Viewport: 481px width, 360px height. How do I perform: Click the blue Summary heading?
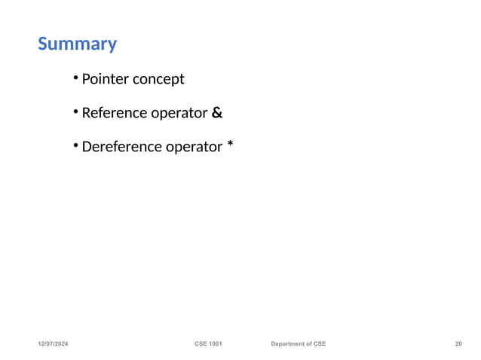tap(77, 44)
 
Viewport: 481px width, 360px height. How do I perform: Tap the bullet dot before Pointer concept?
tap(76, 78)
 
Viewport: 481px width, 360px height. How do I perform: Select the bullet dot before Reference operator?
tap(76, 112)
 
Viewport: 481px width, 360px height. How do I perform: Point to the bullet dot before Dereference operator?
tap(76, 145)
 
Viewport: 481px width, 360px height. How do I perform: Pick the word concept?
tap(158, 80)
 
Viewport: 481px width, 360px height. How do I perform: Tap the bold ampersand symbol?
tap(217, 113)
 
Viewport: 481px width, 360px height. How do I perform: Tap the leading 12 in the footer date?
tap(43, 344)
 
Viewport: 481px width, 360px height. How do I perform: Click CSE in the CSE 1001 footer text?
tap(201, 344)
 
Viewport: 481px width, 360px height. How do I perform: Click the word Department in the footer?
tap(289, 344)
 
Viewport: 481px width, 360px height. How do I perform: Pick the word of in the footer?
tap(311, 344)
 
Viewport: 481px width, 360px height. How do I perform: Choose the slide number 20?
tap(458, 344)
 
